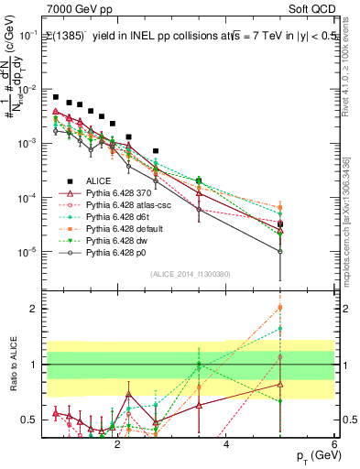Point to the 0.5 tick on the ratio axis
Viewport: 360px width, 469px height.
(30, 420)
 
